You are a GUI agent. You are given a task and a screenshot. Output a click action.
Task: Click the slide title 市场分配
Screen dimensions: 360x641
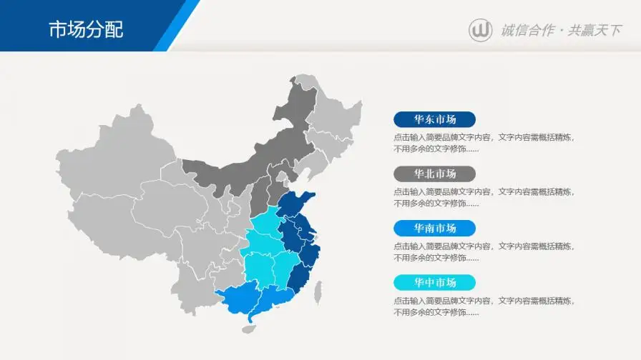click(x=86, y=29)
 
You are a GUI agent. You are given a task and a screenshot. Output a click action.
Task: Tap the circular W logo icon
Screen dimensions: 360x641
click(x=480, y=30)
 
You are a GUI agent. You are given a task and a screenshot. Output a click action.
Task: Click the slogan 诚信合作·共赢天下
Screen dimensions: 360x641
click(x=560, y=30)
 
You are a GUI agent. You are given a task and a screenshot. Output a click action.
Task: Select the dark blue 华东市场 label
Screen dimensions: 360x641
click(x=434, y=119)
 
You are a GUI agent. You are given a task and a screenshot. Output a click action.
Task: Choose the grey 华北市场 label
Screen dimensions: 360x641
click(x=434, y=174)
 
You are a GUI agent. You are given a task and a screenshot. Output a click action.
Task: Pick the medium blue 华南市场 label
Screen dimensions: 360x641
click(x=434, y=228)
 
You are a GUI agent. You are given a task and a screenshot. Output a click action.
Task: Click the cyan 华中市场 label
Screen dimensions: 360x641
click(x=434, y=282)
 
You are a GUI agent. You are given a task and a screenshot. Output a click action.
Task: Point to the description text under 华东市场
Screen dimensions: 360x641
click(x=483, y=143)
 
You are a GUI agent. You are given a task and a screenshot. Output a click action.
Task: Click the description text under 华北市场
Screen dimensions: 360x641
click(x=483, y=197)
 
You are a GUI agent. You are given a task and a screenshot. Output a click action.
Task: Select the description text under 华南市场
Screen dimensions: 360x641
click(x=483, y=251)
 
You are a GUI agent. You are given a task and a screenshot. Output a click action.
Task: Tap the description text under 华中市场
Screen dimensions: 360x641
click(x=483, y=306)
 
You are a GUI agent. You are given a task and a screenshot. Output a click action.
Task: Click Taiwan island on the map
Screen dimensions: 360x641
click(x=318, y=291)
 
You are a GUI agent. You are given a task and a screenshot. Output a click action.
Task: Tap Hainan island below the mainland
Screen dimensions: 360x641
click(x=248, y=329)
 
